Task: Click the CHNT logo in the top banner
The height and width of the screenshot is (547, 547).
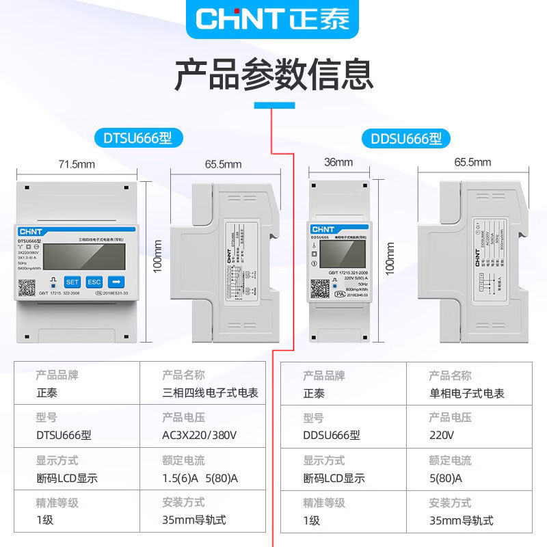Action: tap(273, 18)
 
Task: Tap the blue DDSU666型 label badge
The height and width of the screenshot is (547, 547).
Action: tap(406, 139)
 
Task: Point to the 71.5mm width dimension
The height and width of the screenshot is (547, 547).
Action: tap(76, 164)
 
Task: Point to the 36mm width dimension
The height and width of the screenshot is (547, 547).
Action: tap(338, 163)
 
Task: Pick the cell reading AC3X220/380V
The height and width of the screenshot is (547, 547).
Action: tap(199, 435)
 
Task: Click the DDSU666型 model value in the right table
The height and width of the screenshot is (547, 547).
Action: tap(331, 435)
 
